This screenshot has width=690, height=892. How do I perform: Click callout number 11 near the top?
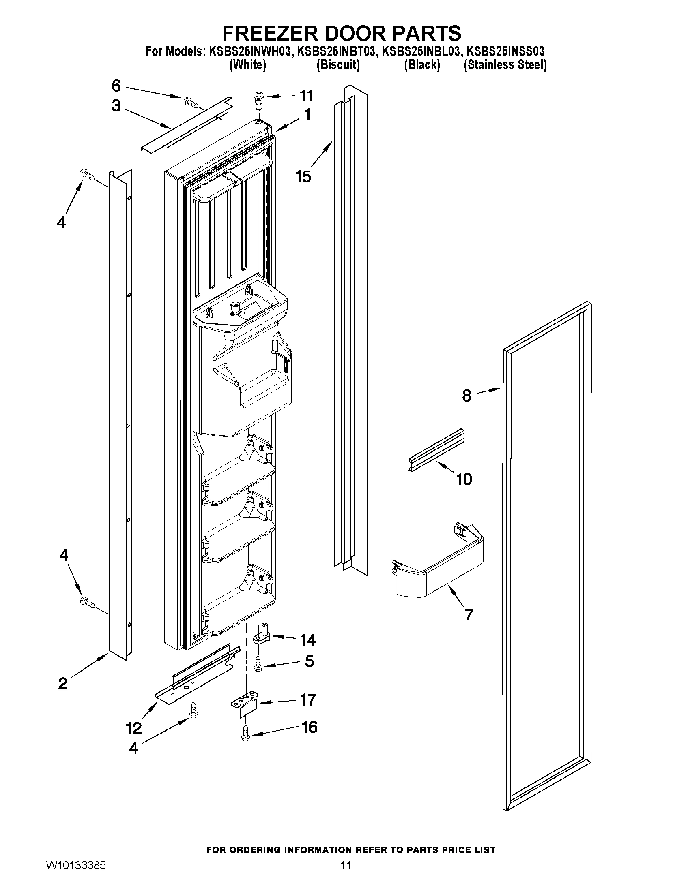point(306,96)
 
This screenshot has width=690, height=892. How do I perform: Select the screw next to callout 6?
point(191,101)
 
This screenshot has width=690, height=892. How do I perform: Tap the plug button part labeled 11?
point(258,100)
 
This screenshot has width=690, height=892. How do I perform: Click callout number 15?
point(304,177)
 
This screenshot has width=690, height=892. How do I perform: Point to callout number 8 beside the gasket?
point(466,396)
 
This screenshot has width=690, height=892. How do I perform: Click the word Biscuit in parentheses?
point(338,65)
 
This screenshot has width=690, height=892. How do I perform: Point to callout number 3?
point(116,106)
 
